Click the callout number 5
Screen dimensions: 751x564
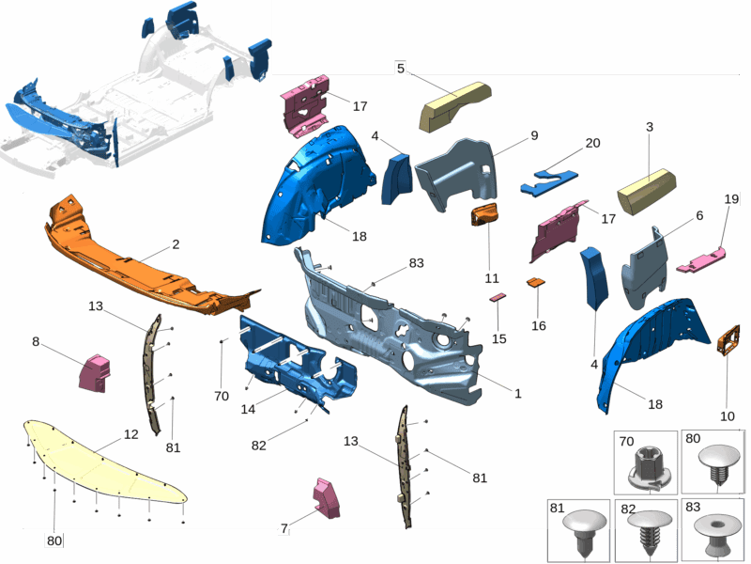click(401, 69)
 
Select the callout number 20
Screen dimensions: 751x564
click(592, 143)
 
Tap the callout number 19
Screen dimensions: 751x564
click(731, 198)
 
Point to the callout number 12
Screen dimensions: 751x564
click(130, 434)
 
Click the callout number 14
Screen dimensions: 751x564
click(248, 409)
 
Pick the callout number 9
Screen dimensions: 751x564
click(534, 135)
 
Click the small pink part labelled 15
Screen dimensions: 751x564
click(498, 297)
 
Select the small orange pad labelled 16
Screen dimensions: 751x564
click(535, 283)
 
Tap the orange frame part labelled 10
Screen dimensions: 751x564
click(728, 340)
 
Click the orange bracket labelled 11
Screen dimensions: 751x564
click(484, 214)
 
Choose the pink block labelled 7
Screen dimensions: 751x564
click(326, 498)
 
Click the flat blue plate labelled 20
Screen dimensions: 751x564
click(549, 181)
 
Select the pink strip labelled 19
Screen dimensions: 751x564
click(700, 260)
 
